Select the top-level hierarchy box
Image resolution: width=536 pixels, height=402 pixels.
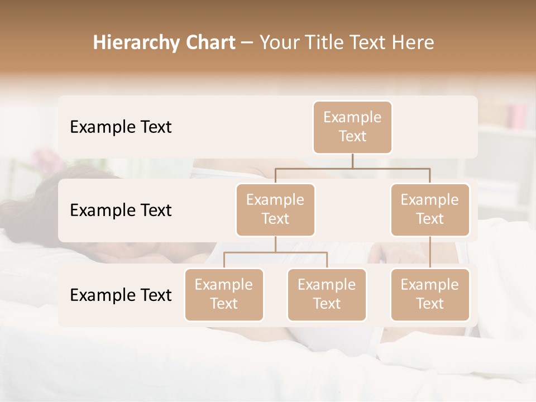[x=352, y=127]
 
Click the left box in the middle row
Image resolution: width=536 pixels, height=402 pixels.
[x=275, y=210]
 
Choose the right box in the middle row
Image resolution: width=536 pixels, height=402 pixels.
[x=430, y=210]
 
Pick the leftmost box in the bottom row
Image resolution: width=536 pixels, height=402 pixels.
[x=224, y=295]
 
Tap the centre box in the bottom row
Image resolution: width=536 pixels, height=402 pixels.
[x=327, y=295]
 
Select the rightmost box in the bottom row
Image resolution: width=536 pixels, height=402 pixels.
[x=430, y=295]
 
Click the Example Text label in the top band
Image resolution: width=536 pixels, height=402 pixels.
[x=121, y=127]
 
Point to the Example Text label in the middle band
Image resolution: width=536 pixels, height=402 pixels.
[x=121, y=210]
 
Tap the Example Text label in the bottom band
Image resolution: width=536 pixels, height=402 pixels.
[x=121, y=295]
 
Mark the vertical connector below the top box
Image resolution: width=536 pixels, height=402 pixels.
[x=352, y=161]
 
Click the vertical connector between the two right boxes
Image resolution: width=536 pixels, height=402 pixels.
[x=430, y=252]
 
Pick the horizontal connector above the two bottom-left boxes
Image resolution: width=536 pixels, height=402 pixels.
[x=275, y=252]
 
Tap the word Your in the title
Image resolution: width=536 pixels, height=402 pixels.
[x=278, y=43]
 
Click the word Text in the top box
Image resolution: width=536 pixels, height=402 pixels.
[x=352, y=137]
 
